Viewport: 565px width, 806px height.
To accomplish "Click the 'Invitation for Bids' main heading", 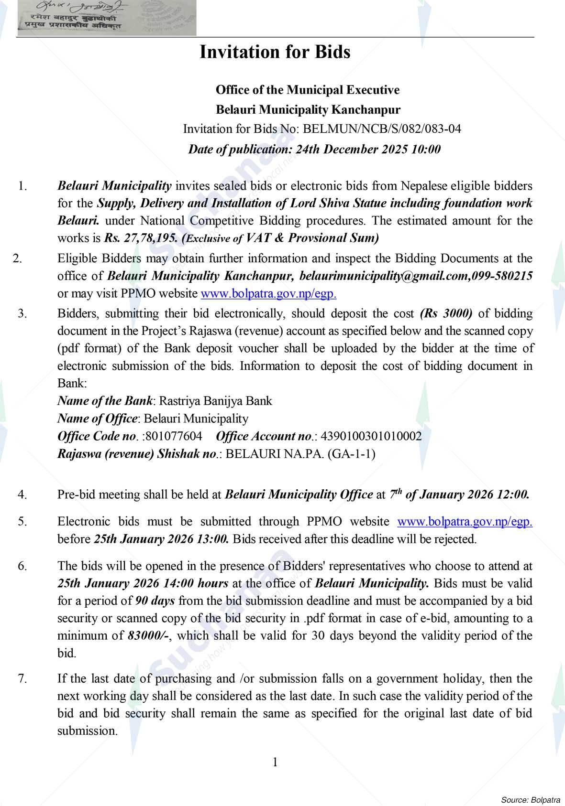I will click(275, 52).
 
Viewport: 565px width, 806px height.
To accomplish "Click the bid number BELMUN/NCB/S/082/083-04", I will click(382, 129).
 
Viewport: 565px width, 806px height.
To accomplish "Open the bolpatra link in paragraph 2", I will click(268, 293).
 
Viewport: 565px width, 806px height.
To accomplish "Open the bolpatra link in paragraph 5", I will click(465, 521).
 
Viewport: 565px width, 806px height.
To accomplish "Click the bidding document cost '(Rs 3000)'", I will click(446, 313).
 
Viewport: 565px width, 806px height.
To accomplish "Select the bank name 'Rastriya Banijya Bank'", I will click(215, 401).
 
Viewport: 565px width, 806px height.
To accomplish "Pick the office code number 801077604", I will click(173, 436).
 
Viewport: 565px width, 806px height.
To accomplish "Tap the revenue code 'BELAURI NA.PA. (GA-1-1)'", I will click(300, 454).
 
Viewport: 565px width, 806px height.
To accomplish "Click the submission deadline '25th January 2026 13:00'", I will click(161, 539).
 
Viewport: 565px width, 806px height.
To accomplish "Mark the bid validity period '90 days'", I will click(155, 601).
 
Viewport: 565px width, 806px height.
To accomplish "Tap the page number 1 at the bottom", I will click(275, 762).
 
